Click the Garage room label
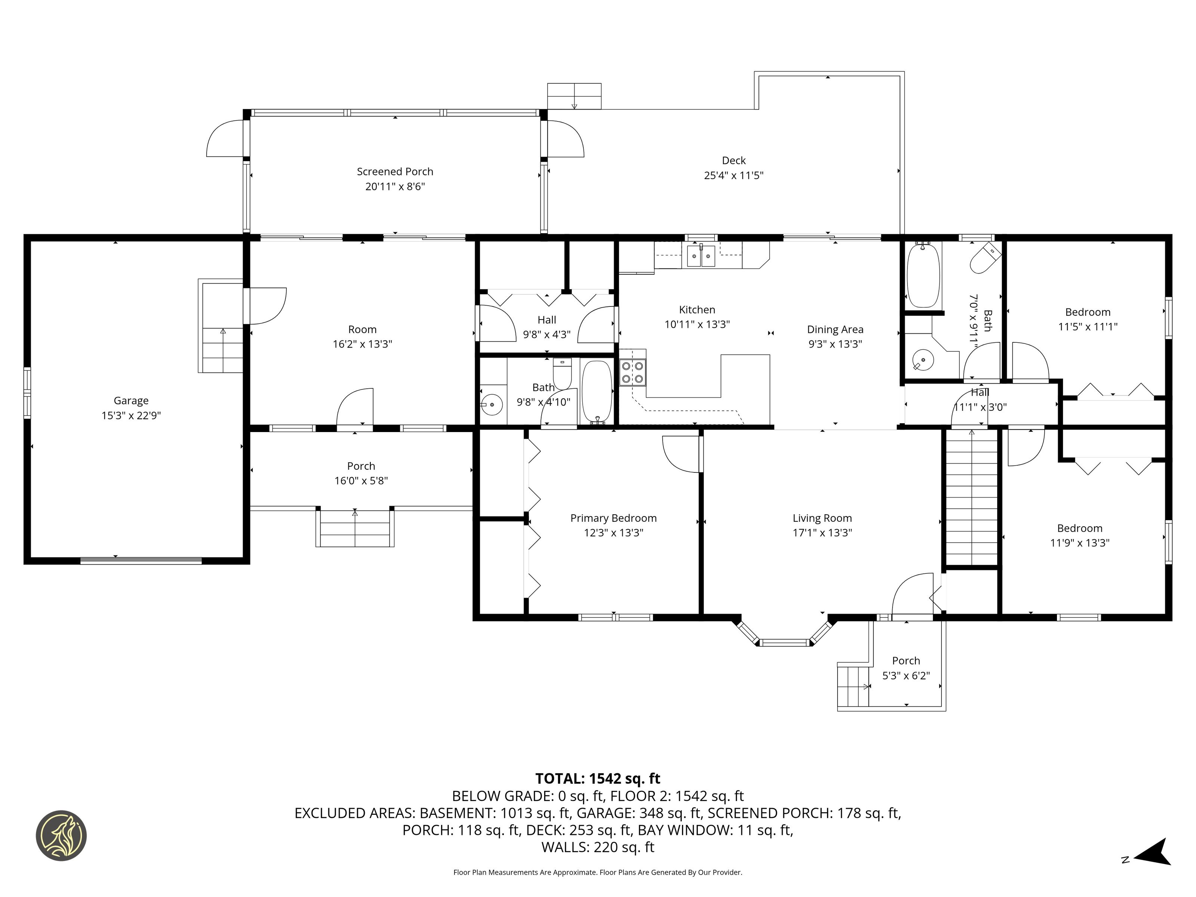[x=131, y=401]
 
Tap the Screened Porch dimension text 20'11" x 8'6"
[x=395, y=187]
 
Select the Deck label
[x=734, y=161]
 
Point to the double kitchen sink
[x=701, y=256]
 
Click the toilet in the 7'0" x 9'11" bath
[x=985, y=258]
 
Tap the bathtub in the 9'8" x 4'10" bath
[x=597, y=391]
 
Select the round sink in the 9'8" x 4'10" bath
[x=491, y=404]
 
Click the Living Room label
[x=822, y=518]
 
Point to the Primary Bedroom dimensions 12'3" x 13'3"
[x=614, y=533]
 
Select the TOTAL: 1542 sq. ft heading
[x=598, y=779]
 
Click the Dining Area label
[x=835, y=329]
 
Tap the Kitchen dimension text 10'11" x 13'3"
[x=697, y=324]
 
